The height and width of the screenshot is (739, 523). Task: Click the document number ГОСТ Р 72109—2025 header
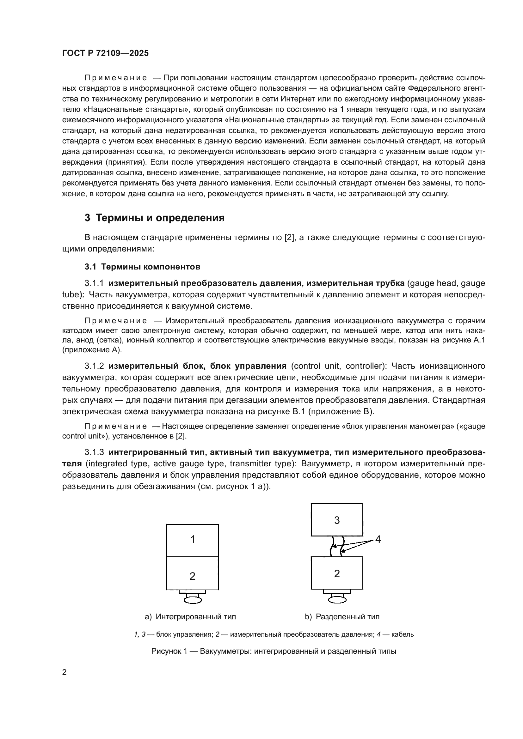tap(105, 53)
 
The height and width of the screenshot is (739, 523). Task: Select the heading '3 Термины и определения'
tap(155, 218)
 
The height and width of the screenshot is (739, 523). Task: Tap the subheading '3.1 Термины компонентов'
tap(142, 267)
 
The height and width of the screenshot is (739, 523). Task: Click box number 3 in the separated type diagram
tap(337, 520)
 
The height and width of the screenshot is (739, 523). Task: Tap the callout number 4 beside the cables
tap(378, 539)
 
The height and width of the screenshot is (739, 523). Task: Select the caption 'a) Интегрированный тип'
tap(190, 617)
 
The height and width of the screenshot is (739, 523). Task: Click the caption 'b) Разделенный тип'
tap(342, 617)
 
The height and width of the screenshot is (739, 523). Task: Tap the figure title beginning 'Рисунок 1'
tap(274, 651)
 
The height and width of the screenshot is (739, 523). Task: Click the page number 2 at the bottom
tap(65, 672)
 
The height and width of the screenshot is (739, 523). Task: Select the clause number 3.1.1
tap(94, 283)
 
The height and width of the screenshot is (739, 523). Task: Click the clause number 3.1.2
tap(94, 366)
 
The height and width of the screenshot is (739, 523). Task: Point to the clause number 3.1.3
tap(94, 452)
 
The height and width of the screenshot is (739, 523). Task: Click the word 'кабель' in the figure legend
tap(403, 634)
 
